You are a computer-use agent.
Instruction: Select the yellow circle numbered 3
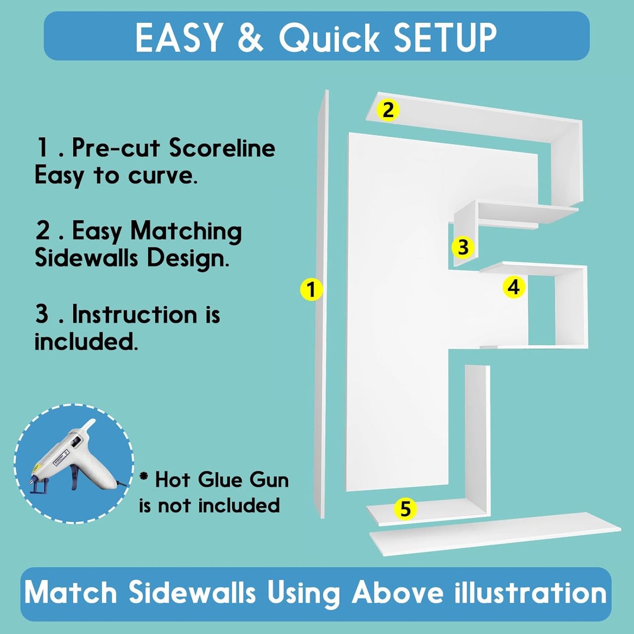tap(463, 247)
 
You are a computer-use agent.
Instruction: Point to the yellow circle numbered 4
tap(514, 287)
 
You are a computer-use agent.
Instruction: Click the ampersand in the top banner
tap(250, 37)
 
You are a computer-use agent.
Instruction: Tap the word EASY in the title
tap(178, 37)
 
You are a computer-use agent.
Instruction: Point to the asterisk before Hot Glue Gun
tap(143, 476)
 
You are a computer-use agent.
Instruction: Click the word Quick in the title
tap(329, 37)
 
